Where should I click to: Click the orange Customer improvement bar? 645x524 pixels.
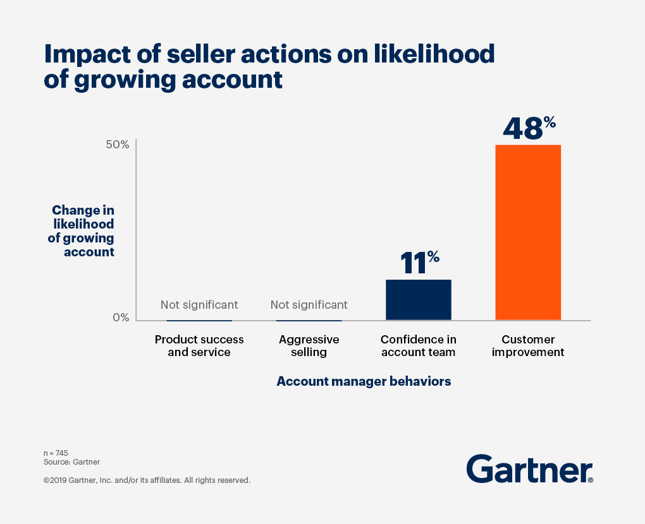point(528,232)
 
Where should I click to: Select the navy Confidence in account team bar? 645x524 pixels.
point(418,299)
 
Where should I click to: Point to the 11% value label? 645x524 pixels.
point(419,262)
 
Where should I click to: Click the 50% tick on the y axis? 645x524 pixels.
point(117,145)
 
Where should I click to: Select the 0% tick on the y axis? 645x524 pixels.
point(120,318)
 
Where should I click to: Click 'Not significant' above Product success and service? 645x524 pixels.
point(199,305)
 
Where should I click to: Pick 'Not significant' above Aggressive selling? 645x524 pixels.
point(309,305)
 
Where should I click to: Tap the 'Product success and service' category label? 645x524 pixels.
point(199,346)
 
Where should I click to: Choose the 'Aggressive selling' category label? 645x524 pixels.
point(309,346)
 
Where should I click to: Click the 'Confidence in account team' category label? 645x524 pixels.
point(418,346)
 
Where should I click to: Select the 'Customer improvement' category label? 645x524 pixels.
point(528,346)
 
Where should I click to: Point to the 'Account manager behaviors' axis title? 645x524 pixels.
point(364,381)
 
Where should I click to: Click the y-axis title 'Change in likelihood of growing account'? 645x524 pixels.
point(82,231)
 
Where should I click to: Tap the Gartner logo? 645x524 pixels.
point(529,469)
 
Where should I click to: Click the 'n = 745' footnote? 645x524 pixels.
point(56,453)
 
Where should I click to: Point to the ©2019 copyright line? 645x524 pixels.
point(147,480)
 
